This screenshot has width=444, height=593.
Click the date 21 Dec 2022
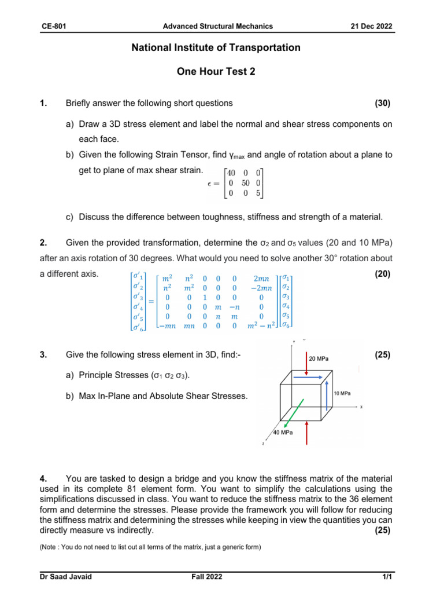point(372,26)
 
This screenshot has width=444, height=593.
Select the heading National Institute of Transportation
point(216,48)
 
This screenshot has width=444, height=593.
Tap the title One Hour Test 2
point(216,72)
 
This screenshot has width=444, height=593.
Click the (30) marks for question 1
point(382,103)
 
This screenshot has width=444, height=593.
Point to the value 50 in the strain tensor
point(243,183)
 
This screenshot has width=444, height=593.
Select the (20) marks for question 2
point(382,274)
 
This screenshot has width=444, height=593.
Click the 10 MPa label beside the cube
point(342,393)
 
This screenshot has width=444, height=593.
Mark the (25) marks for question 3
point(382,355)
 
